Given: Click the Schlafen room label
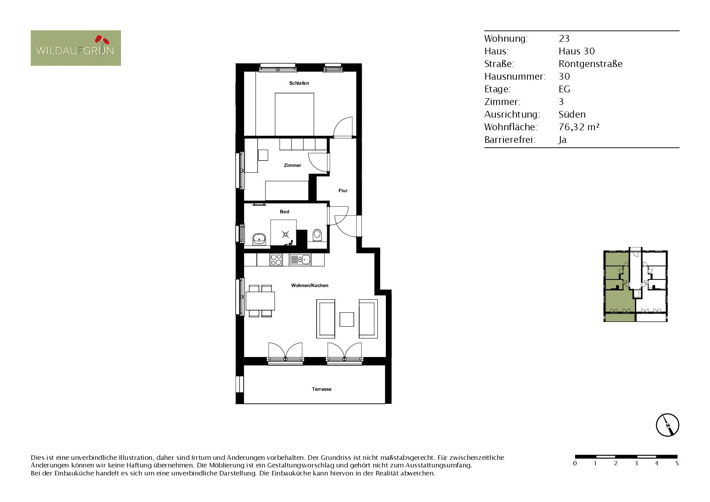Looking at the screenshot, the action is [299, 83].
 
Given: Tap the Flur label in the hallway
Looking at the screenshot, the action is [343, 191].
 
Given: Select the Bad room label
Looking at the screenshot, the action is [284, 212].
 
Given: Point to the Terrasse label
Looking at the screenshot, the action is [321, 389].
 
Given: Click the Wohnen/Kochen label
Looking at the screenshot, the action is [309, 285].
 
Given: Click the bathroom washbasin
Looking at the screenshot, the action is [259, 239].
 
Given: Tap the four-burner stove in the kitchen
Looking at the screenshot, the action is [276, 260].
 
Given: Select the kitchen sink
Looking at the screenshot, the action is [300, 260].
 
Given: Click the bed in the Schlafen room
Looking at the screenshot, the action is [294, 114].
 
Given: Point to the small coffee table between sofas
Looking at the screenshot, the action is [347, 319].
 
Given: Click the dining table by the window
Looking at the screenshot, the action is [260, 301].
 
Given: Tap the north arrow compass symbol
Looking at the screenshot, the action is [667, 425].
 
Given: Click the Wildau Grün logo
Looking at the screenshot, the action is [76, 48].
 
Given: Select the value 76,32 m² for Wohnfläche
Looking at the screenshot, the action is [579, 127].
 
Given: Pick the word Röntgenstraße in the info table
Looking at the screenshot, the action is [591, 64].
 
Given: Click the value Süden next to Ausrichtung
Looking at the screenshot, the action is [572, 114].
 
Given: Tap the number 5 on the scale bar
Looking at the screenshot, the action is [677, 463].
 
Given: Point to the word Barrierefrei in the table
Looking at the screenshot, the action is [510, 140].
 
